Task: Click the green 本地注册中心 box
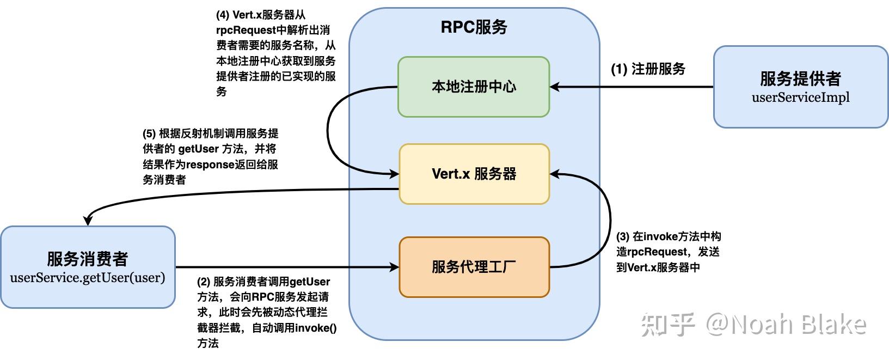point(474,87)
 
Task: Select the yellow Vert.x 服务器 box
point(474,174)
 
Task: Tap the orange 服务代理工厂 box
point(474,267)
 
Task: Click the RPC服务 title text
point(474,27)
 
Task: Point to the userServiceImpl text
point(800,97)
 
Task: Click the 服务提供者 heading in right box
point(800,78)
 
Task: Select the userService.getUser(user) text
point(88,277)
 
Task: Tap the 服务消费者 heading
point(88,259)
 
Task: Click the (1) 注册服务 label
point(648,69)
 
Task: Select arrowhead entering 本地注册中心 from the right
point(555,87)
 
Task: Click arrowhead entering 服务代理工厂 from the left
point(395,267)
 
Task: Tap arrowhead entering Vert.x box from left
point(395,174)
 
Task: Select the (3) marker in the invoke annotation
point(623,237)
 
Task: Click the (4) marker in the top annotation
point(223,15)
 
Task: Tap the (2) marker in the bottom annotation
point(204,282)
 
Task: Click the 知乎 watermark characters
point(667,325)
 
